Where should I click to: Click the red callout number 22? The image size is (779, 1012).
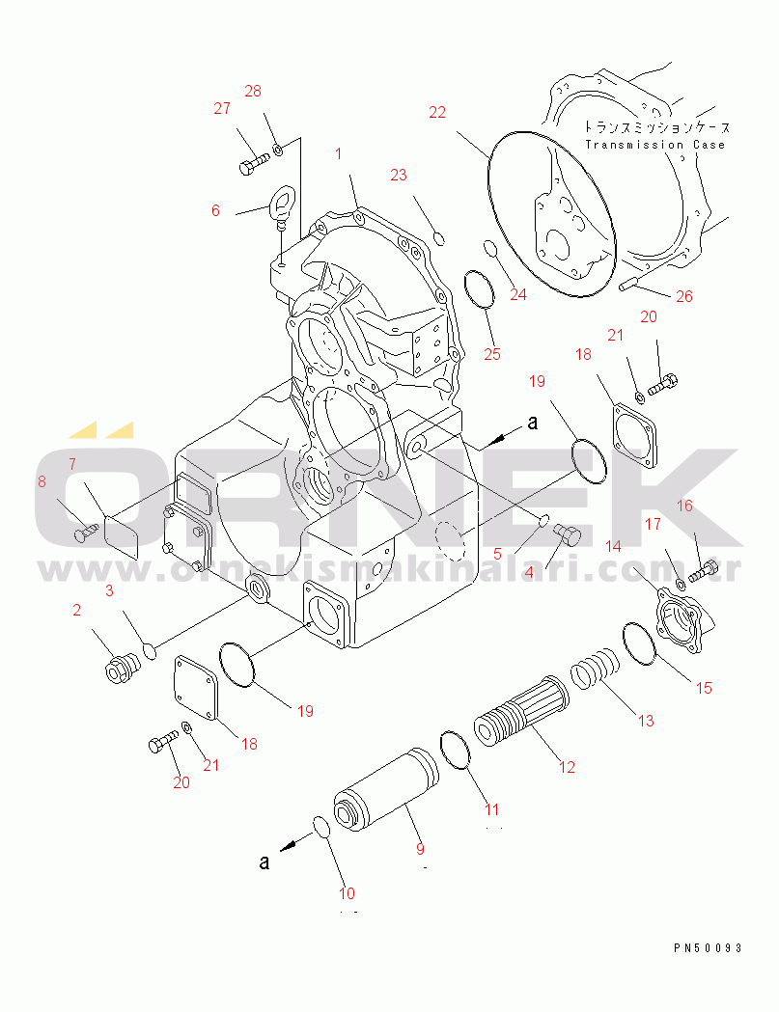(x=437, y=112)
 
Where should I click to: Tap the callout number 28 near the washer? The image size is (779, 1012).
(x=253, y=91)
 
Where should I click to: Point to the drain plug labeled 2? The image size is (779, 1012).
(x=122, y=668)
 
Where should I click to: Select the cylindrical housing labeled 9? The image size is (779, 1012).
(x=385, y=790)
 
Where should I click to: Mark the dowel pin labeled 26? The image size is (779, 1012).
(x=629, y=284)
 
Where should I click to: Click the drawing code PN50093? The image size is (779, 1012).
(x=708, y=947)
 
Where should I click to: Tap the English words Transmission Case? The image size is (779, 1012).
(x=655, y=145)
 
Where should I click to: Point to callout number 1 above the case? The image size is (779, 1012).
(x=338, y=153)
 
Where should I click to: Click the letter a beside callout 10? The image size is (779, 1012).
(x=264, y=861)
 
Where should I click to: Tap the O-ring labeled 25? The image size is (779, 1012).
(x=480, y=288)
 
